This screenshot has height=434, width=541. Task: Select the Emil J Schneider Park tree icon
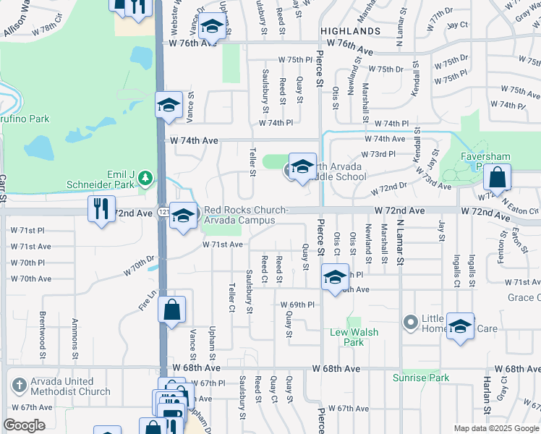pos(145,176)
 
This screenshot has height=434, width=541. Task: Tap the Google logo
pos(24,425)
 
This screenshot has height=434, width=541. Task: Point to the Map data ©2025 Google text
pos(497,428)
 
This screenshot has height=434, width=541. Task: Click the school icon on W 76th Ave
pos(211,27)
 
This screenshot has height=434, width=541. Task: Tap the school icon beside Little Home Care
pos(460,326)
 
